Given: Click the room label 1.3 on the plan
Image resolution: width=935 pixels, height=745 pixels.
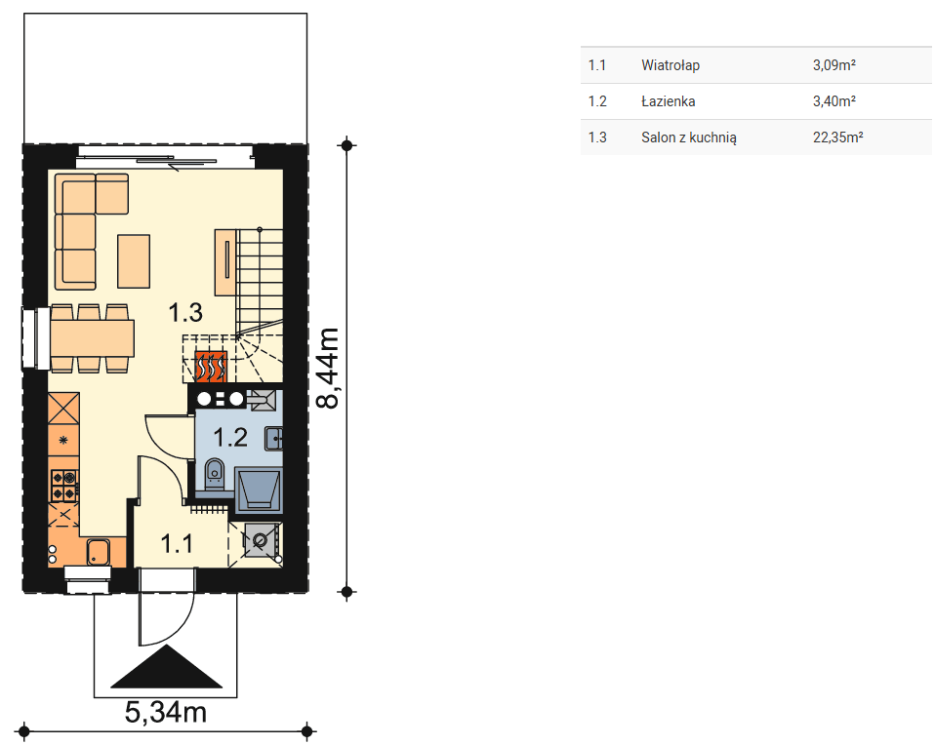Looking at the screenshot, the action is pos(185,312).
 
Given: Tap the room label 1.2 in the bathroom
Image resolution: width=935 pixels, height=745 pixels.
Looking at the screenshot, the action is pos(230,438).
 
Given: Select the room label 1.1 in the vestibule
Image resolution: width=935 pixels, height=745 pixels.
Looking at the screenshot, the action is pos(177,543).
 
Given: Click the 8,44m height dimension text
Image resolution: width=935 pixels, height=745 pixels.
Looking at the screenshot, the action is pos(327,368).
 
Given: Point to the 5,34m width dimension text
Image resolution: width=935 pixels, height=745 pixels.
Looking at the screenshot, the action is pos(166,712).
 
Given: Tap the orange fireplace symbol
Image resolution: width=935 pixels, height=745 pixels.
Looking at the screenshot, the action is pos(211,367).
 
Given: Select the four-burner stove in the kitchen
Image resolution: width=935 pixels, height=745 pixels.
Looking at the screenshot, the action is pos(64,486).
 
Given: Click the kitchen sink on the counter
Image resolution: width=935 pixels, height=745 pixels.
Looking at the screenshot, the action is pos(98,552).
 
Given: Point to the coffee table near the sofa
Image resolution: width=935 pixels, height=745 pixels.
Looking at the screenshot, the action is pos(134,261).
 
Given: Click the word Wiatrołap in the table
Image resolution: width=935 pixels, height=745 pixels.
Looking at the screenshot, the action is pos(671,65).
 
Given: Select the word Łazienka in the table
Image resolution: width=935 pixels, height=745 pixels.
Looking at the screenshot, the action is pos(668,101).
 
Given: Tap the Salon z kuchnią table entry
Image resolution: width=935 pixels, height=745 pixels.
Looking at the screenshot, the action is pos(689,137).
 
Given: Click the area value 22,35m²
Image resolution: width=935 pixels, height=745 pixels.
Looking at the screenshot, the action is pos(837,137).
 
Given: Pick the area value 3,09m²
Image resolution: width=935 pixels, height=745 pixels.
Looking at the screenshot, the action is pos(834,65).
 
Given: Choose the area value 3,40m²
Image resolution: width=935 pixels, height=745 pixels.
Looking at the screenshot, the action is pos(834,101).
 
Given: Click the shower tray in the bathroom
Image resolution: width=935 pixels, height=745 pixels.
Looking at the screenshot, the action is pos(259,490).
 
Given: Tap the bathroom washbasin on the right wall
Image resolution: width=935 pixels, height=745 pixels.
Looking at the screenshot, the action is pos(273,439).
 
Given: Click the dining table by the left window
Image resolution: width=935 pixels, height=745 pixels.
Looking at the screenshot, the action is pos(92,338).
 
